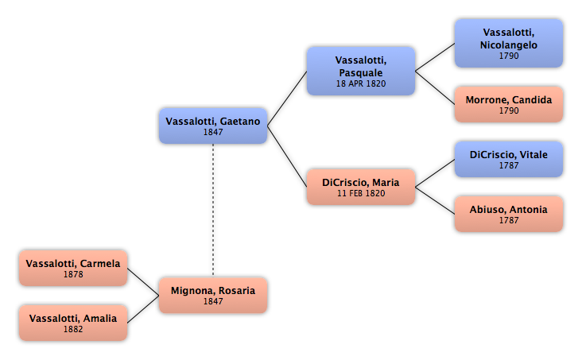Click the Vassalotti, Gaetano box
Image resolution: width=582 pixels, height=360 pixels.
(x=213, y=126)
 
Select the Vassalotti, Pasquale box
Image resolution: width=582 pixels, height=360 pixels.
(x=361, y=71)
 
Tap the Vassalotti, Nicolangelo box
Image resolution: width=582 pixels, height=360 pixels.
(x=509, y=44)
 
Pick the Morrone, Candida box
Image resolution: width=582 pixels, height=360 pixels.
(x=509, y=104)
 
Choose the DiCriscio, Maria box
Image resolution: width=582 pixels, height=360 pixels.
(x=361, y=187)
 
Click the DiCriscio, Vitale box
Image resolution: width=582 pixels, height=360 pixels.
(x=509, y=159)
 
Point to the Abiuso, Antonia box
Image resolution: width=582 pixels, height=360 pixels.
(x=509, y=214)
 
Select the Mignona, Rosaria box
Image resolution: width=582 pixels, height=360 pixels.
(x=213, y=295)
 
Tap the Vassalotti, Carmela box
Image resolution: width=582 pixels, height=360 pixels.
(x=73, y=268)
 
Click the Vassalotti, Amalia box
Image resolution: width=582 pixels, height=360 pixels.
(x=73, y=323)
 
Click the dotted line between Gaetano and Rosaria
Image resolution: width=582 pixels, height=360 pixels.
(x=213, y=211)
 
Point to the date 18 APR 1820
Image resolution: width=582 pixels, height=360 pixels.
(x=361, y=84)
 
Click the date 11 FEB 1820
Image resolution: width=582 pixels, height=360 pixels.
(x=361, y=193)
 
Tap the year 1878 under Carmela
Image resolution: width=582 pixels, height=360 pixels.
(x=73, y=274)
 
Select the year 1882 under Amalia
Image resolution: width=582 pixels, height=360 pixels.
(x=73, y=329)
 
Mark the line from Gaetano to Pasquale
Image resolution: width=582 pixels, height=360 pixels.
(x=287, y=99)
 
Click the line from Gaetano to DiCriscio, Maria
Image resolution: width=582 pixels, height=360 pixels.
(x=287, y=157)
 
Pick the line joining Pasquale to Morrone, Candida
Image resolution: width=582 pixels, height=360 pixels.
(x=435, y=87)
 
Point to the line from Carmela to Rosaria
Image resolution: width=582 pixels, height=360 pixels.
(x=143, y=281)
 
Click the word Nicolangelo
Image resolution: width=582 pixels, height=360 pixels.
(x=509, y=45)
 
